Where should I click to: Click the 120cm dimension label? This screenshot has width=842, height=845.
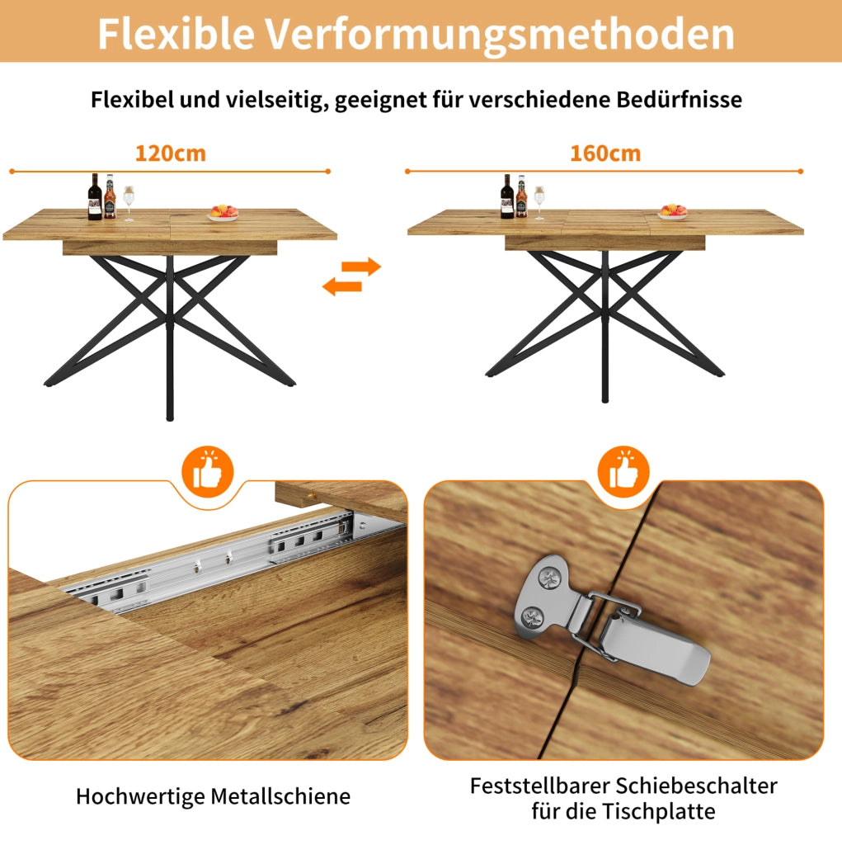click(170, 153)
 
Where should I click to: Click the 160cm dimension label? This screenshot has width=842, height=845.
click(605, 153)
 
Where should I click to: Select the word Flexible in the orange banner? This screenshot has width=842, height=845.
click(176, 33)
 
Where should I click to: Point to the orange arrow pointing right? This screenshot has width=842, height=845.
click(361, 267)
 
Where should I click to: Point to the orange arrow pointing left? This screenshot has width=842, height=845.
click(341, 286)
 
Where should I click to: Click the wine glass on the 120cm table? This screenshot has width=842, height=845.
click(129, 203)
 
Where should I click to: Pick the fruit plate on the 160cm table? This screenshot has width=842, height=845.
click(672, 212)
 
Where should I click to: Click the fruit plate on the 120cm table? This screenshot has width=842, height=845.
click(223, 213)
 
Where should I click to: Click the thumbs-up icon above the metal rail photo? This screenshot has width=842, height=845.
click(207, 472)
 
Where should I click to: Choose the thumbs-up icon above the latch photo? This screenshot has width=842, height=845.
click(623, 472)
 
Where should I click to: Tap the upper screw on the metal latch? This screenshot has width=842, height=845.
click(549, 579)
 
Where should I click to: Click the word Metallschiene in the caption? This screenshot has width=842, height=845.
click(280, 796)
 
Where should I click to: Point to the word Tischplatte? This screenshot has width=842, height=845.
click(659, 812)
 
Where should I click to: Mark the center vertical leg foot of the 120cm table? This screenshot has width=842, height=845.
click(170, 417)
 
